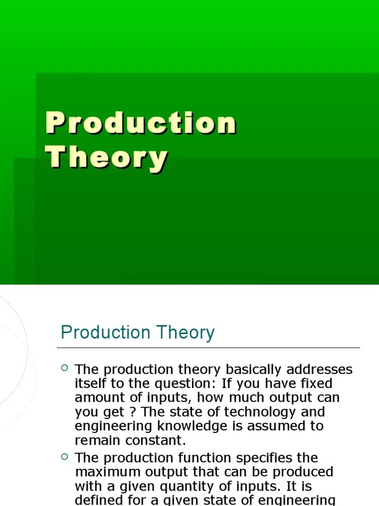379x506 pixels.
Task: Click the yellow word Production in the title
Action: point(141,124)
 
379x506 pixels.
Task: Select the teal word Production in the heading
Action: point(104,333)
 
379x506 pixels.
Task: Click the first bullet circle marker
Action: point(65,368)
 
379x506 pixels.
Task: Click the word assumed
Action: point(278,426)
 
